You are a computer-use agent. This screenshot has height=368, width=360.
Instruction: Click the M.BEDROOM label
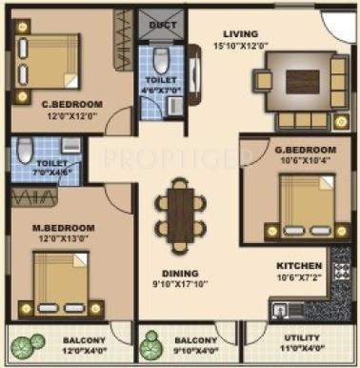(x=68, y=229)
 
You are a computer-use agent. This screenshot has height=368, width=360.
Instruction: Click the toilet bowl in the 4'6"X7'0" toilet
(x=162, y=57)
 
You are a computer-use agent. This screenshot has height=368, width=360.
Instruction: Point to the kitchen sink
(x=282, y=308)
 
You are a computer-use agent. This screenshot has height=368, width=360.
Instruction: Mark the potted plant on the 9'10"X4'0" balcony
(x=150, y=342)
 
